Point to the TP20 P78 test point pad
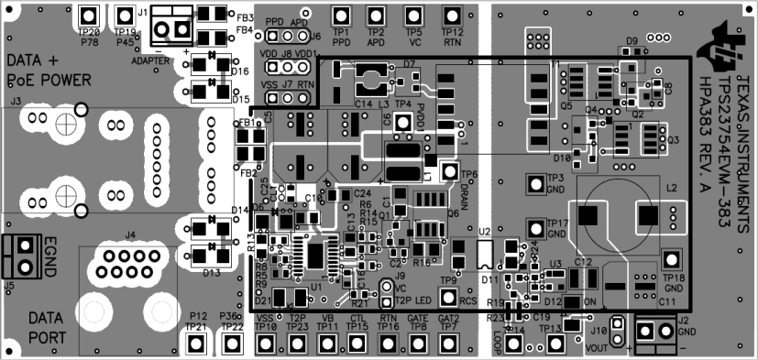pos(89,16)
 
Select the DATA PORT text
pos(45,326)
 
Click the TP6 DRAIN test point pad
pos(449,170)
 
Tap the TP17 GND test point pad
pos(534,227)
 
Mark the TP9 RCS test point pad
pos(448,297)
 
